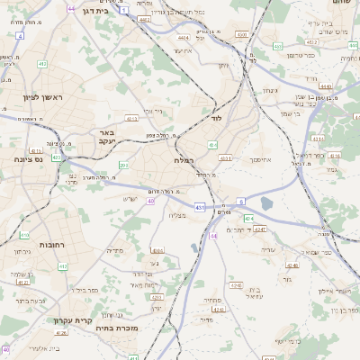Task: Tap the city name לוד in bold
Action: [x=215, y=118]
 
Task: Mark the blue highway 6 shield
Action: [x=240, y=201]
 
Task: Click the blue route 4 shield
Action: [x=20, y=36]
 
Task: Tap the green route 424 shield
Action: [x=249, y=218]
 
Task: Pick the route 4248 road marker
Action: [x=237, y=285]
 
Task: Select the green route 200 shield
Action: [x=123, y=166]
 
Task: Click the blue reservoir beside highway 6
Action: [x=267, y=204]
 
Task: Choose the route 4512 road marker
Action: [x=226, y=159]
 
